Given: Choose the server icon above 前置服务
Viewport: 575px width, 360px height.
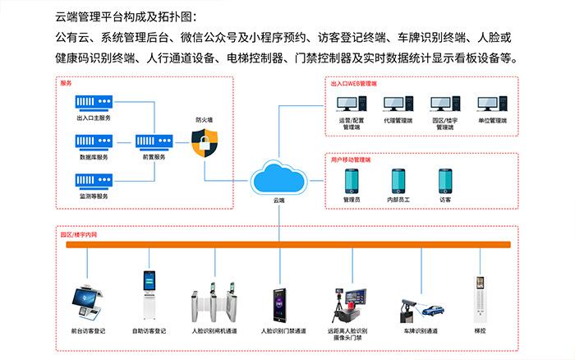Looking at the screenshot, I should coord(153,140).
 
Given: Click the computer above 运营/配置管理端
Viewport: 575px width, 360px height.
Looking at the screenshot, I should coord(351,104).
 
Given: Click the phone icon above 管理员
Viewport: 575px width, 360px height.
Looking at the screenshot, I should coord(352,180).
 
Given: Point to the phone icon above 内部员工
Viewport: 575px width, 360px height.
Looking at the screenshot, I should coord(398,180).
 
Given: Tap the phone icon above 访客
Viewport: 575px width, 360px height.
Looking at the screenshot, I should coord(445,180).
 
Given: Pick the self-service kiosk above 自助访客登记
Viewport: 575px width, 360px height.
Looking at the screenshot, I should coord(149,297).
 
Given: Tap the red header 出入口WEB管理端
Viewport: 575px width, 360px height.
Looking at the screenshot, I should coord(353,83).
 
